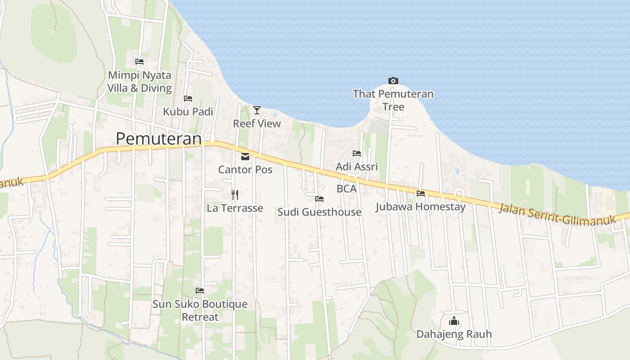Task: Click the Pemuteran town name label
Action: click(x=158, y=139)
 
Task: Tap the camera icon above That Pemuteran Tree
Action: click(x=393, y=81)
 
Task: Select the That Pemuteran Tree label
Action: click(x=393, y=100)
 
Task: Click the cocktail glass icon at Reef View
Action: click(x=256, y=110)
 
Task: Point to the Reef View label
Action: click(x=256, y=123)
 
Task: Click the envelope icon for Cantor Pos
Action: click(x=245, y=157)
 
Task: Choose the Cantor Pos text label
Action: click(x=245, y=170)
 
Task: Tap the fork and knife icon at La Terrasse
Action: click(x=234, y=195)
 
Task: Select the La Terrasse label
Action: click(x=234, y=208)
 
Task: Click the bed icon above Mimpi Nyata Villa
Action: click(x=139, y=62)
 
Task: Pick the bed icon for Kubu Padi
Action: click(x=188, y=99)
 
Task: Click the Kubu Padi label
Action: click(x=188, y=112)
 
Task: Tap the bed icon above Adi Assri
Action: click(x=357, y=153)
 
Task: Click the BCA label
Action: click(x=346, y=189)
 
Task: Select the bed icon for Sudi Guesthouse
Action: click(x=319, y=198)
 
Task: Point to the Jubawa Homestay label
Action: click(x=420, y=207)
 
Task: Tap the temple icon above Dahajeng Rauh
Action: click(x=454, y=321)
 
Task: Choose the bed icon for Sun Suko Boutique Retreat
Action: click(x=200, y=291)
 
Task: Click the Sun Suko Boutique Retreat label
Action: click(x=200, y=310)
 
